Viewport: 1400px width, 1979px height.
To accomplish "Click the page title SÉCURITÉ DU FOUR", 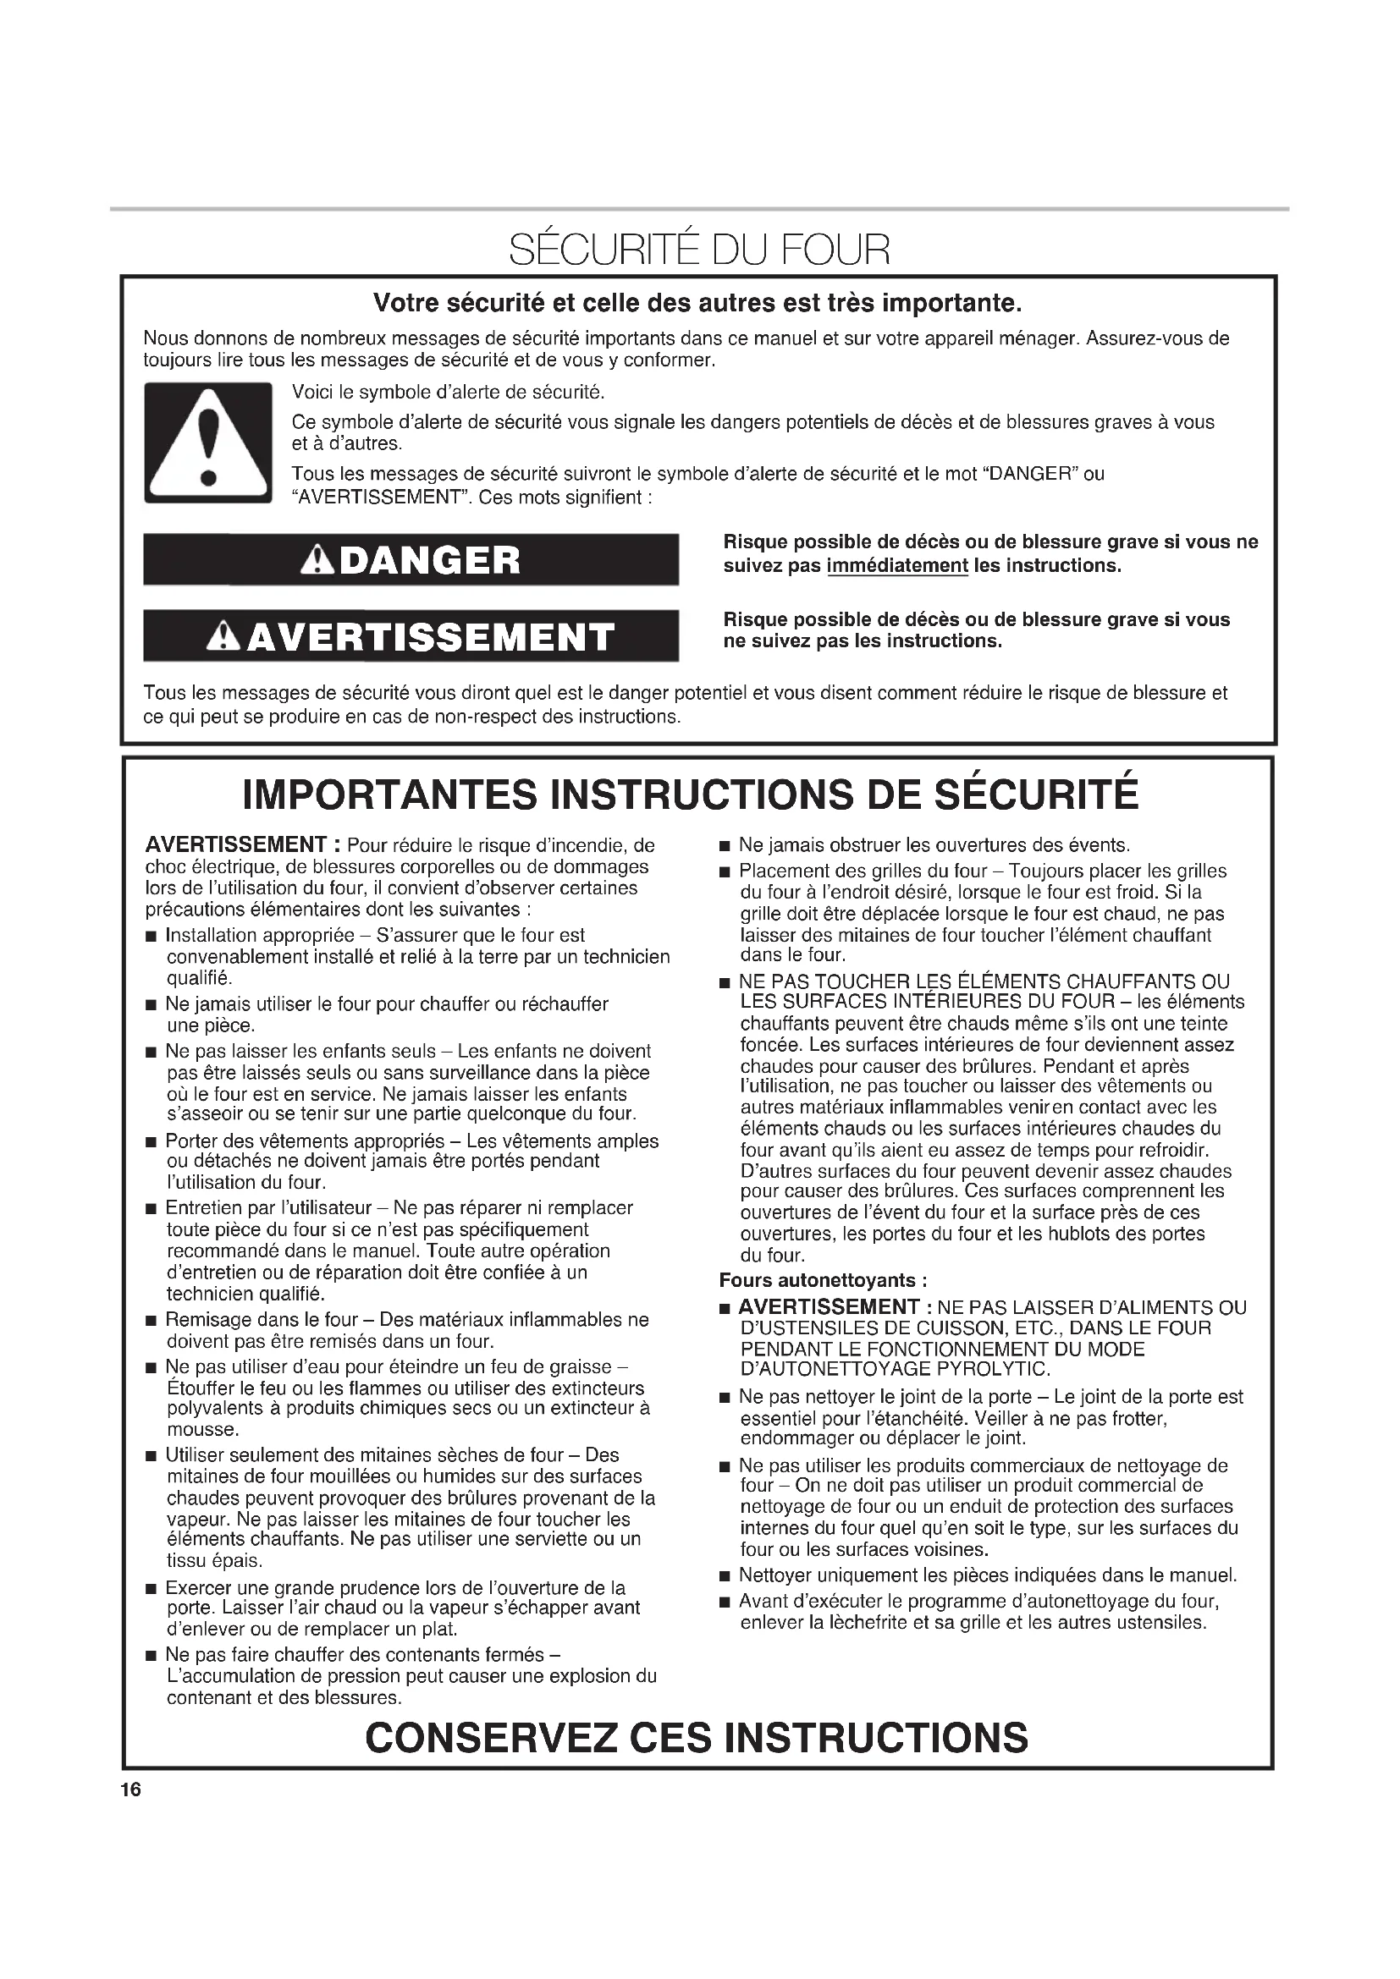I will [x=698, y=250].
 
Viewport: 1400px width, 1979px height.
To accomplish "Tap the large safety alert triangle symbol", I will [x=207, y=443].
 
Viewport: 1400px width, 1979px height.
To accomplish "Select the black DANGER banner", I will [x=411, y=560].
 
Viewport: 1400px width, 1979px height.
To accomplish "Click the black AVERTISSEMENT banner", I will [x=411, y=636].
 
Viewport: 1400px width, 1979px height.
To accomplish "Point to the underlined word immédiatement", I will [x=897, y=566].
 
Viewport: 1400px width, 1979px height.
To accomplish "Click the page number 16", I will [x=131, y=1790].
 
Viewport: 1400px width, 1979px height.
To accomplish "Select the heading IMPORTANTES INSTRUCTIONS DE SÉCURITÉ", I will [x=691, y=794].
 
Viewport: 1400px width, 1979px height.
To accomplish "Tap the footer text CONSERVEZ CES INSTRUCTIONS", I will [x=697, y=1738].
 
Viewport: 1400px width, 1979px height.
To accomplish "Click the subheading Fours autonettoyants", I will [x=824, y=1280].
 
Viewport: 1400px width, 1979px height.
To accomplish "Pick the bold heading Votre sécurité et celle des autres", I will [x=697, y=304].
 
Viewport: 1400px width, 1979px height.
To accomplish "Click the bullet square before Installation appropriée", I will [x=152, y=937].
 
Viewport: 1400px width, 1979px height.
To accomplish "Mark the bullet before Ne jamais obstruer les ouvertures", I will [x=725, y=846].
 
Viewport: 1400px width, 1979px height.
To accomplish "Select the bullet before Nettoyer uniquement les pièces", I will [x=725, y=1577].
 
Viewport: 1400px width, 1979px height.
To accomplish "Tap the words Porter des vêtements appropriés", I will [x=305, y=1141].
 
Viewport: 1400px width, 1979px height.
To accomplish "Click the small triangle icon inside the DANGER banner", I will [x=319, y=561].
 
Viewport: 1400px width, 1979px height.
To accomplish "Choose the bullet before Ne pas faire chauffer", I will [x=152, y=1656].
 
